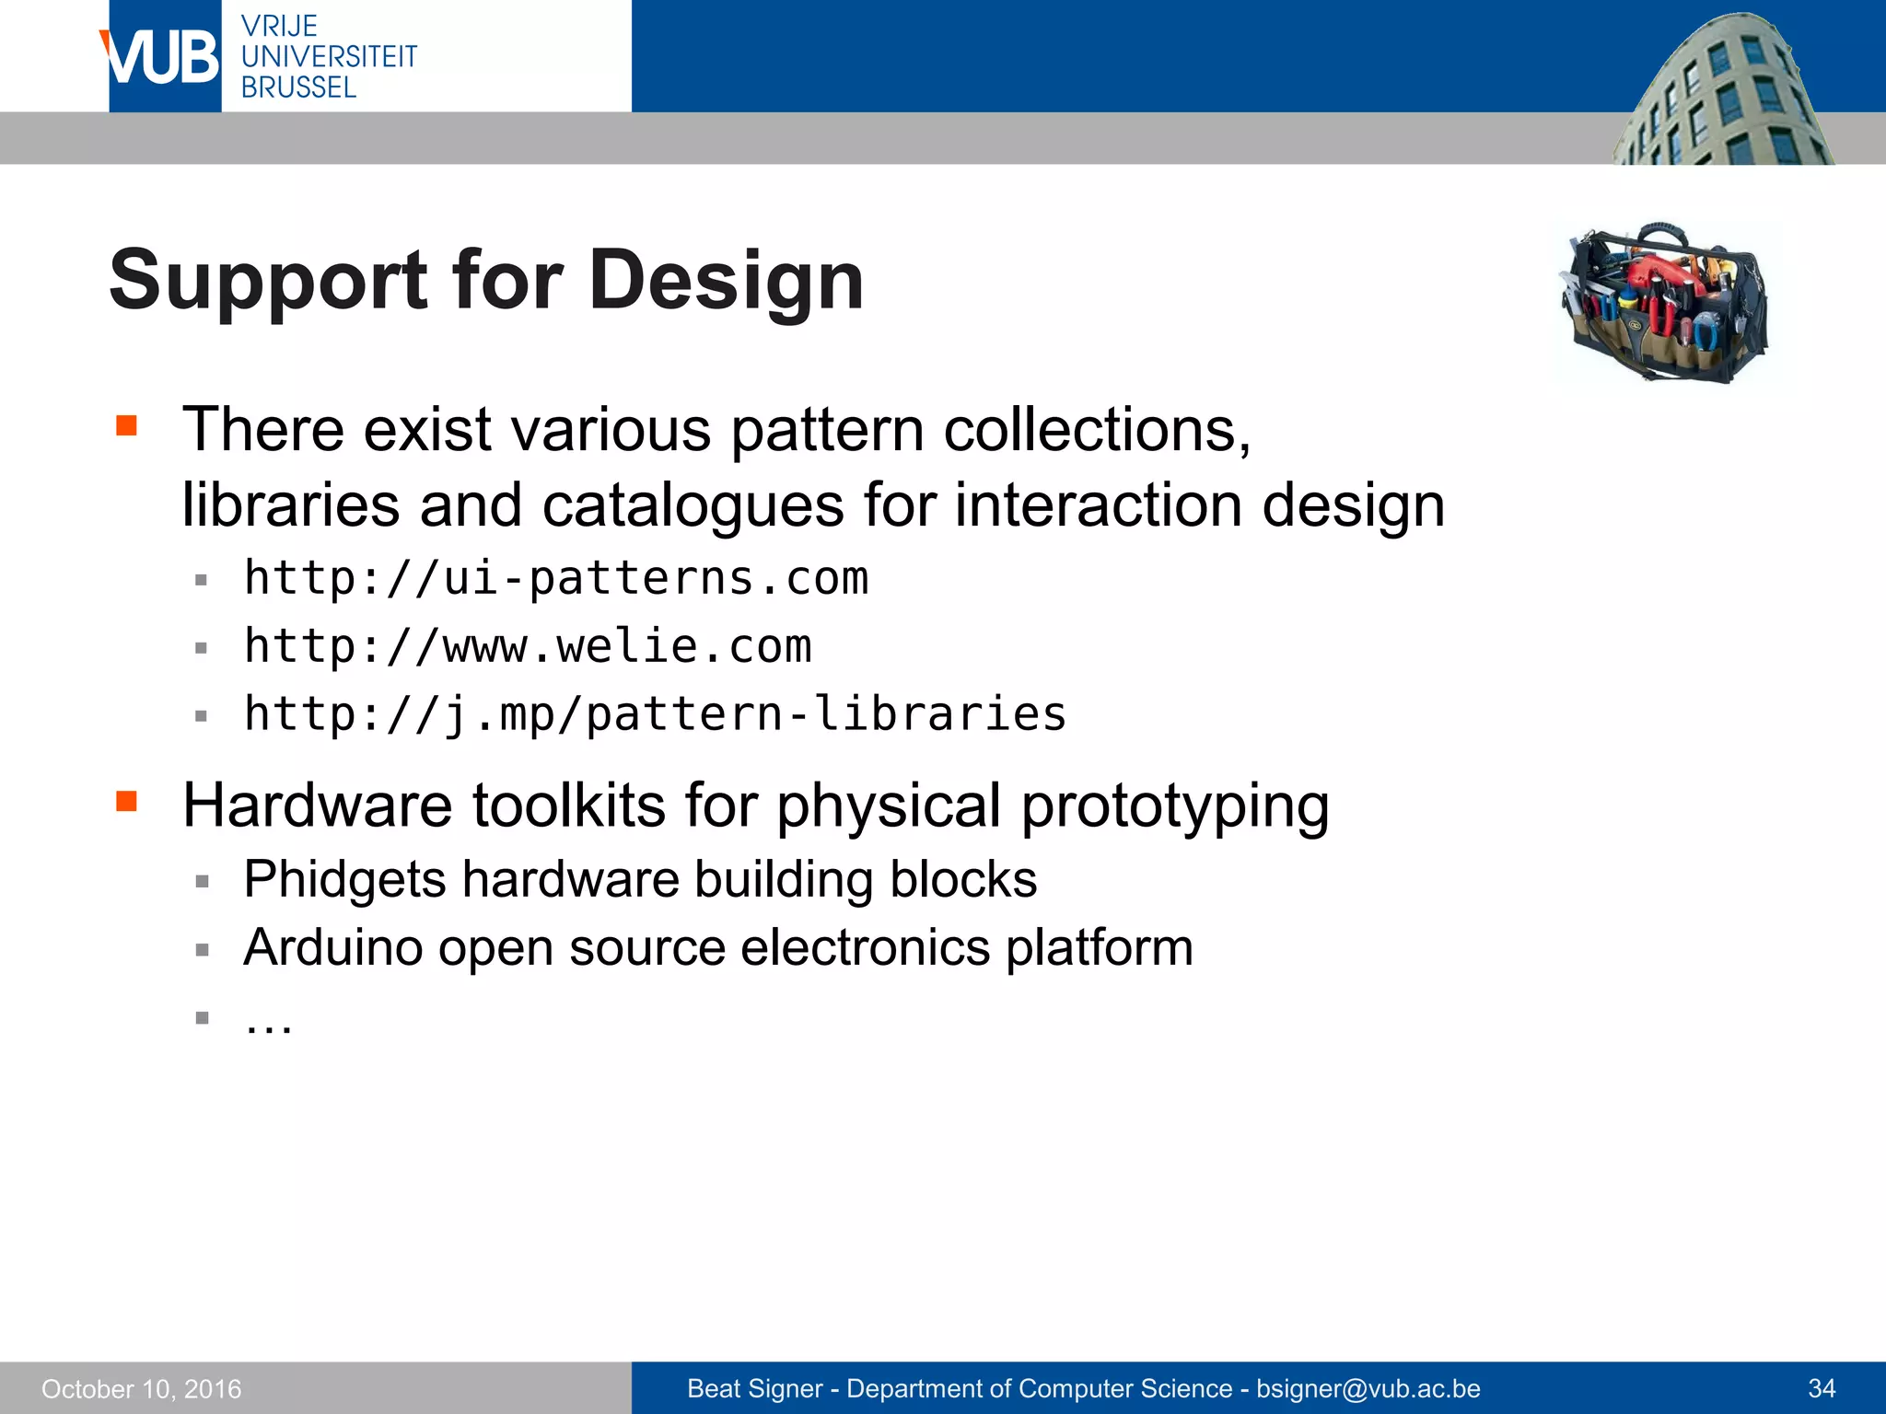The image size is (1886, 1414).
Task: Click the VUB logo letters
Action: click(x=162, y=57)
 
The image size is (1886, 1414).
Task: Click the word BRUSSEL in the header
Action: click(x=298, y=88)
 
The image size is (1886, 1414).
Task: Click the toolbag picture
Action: click(x=1664, y=301)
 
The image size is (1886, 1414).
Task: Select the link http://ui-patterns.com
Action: click(x=556, y=579)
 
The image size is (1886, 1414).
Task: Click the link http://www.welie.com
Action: click(x=528, y=646)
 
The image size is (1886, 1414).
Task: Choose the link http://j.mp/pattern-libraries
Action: click(x=655, y=714)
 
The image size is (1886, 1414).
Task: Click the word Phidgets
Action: click(x=345, y=879)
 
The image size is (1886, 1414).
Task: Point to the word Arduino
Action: click(x=332, y=947)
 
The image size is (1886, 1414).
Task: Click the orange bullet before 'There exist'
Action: click(x=126, y=425)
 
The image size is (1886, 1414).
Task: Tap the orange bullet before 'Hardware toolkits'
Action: click(x=126, y=801)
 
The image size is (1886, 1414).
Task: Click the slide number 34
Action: click(x=1822, y=1388)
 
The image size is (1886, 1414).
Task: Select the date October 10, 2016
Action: click(x=141, y=1389)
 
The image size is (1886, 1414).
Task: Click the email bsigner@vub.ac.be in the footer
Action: click(x=1368, y=1388)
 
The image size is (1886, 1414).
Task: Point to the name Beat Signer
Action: click(x=754, y=1388)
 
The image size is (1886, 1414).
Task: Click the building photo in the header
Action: click(x=1722, y=92)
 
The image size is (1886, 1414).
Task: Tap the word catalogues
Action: click(x=693, y=505)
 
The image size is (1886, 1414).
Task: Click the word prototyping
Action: click(x=1175, y=806)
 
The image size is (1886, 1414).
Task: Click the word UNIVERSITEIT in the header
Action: click(x=329, y=57)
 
